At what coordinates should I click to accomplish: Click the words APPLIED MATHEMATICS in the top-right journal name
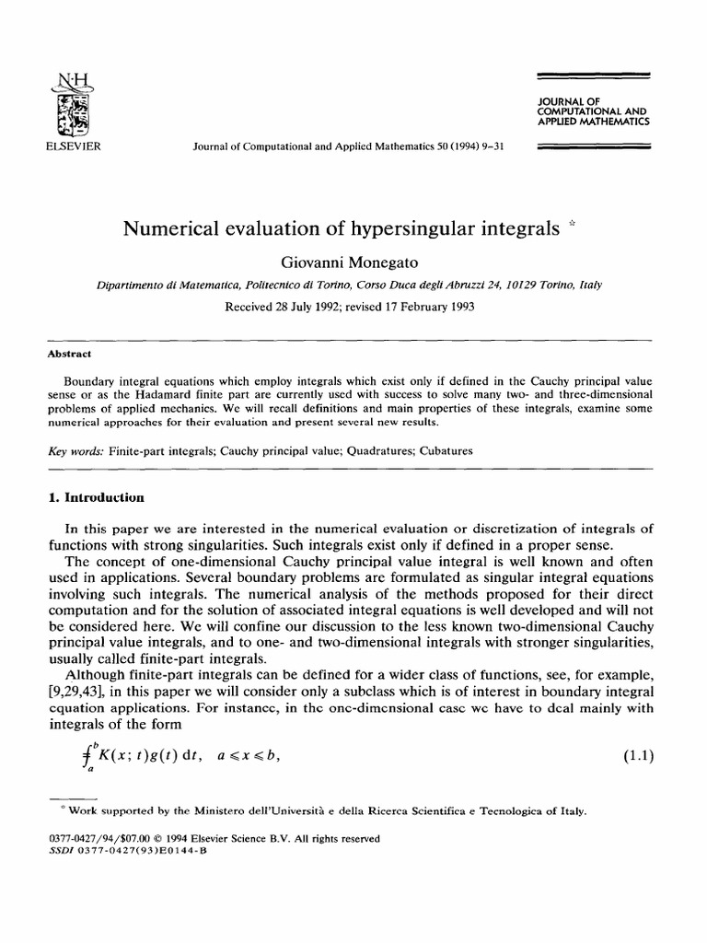596,121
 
